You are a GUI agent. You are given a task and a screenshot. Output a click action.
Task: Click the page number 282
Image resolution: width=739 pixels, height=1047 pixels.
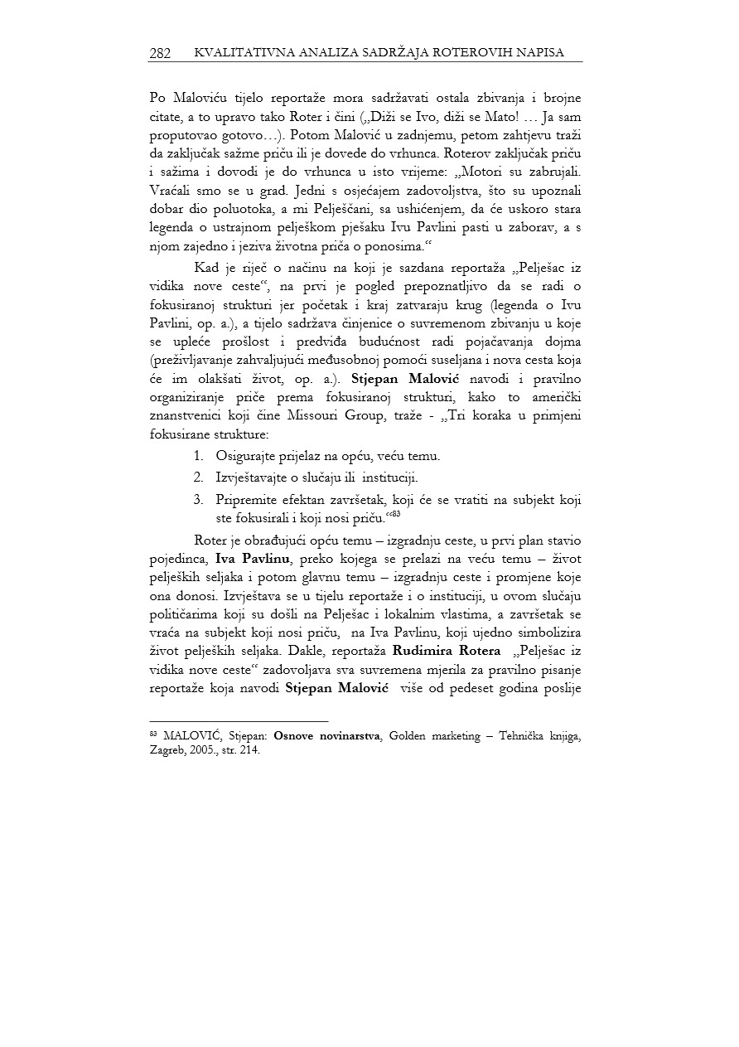tap(160, 53)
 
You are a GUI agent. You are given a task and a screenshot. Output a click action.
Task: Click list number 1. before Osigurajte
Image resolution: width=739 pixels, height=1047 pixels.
tap(199, 456)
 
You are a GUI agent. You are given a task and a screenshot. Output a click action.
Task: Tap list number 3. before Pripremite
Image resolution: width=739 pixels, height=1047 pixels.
tap(199, 499)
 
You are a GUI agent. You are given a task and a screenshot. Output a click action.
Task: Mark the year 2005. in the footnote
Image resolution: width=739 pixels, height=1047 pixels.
tap(214, 751)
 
